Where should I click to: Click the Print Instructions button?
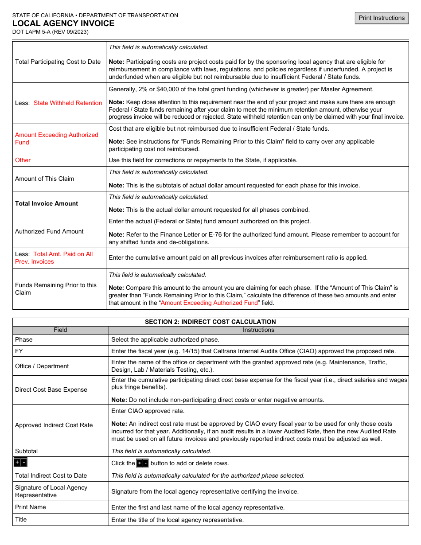(382, 18)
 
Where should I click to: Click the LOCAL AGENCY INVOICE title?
(63, 23)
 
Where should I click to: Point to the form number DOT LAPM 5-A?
(51, 32)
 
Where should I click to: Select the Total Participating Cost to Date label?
(58, 62)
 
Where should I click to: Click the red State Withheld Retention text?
(68, 103)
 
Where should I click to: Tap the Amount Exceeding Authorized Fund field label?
(56, 138)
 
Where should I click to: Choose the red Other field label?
(23, 160)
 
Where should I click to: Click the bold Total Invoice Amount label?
(47, 203)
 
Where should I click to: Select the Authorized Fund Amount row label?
(49, 231)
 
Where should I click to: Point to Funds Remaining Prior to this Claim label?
(55, 288)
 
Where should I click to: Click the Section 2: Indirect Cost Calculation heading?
(210, 322)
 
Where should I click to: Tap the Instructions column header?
(258, 330)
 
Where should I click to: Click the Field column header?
(60, 330)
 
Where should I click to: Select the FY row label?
(19, 350)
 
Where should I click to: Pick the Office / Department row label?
(42, 366)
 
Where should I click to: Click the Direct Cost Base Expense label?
(51, 389)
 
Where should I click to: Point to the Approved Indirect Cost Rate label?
(54, 425)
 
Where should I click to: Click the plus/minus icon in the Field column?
(20, 463)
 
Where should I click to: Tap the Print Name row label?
(31, 507)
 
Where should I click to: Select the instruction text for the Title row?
(177, 520)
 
